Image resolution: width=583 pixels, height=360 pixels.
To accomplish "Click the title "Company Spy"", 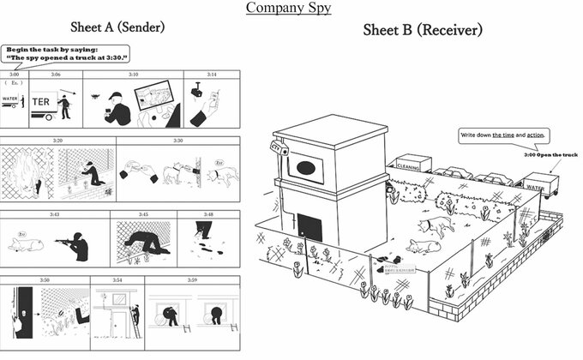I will pos(288,9).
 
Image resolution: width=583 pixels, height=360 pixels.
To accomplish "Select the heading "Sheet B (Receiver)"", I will pos(423,30).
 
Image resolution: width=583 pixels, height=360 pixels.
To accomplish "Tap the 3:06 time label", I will pos(55,75).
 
